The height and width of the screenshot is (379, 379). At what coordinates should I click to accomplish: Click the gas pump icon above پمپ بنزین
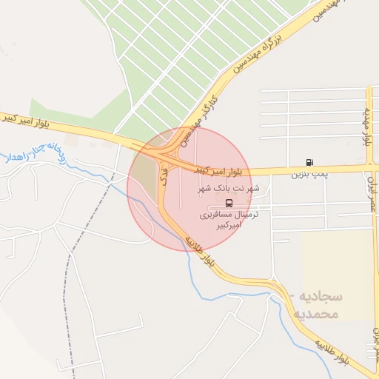pyautogui.click(x=309, y=162)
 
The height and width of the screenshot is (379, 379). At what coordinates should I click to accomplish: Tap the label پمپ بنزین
pyautogui.click(x=308, y=175)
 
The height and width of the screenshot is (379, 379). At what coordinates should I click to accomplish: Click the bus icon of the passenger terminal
pyautogui.click(x=228, y=203)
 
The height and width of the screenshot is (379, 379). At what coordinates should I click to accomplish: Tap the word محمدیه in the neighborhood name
pyautogui.click(x=317, y=314)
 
